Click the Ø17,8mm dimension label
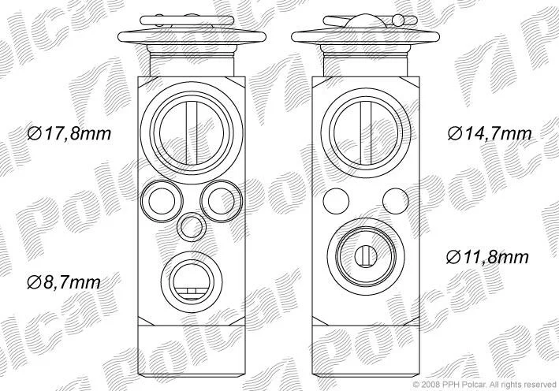pos(69,134)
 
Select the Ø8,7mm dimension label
pos(64,283)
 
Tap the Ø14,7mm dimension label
pos(490,134)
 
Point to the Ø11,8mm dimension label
pos(487,257)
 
